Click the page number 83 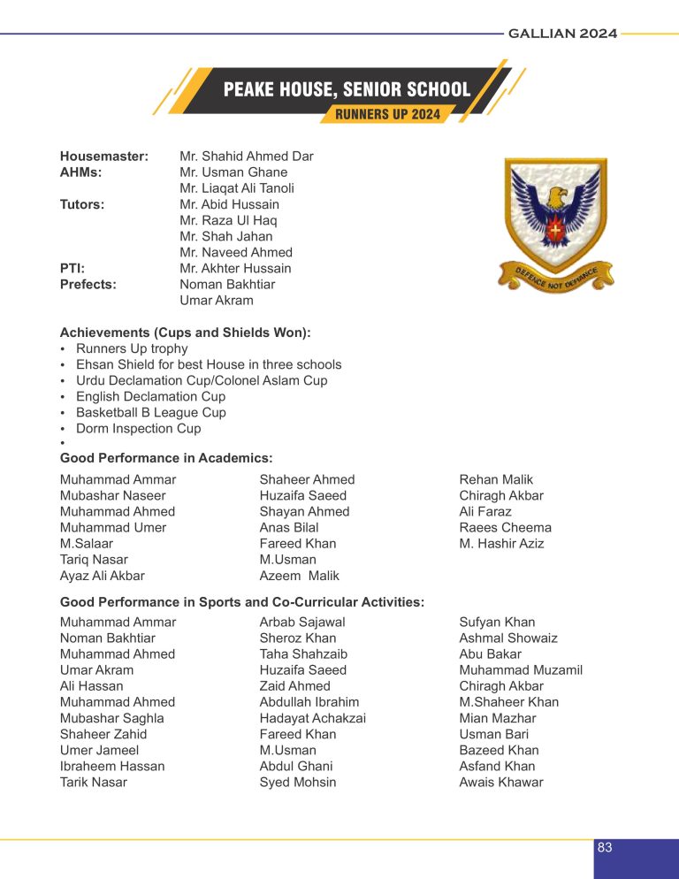605,847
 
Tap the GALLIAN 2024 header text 563,34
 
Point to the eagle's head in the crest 555,195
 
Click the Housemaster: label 103,157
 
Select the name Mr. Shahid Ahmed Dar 246,157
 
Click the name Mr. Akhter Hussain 235,268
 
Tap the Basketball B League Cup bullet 150,412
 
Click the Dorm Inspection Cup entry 138,428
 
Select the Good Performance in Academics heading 165,457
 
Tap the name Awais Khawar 501,782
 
